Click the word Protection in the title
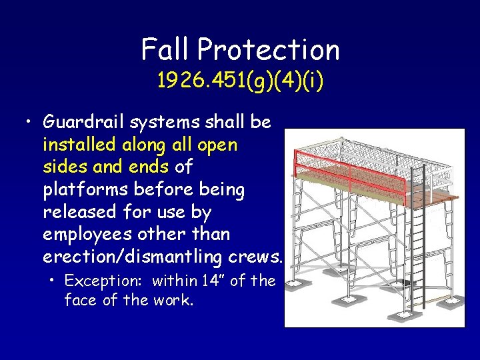[269, 49]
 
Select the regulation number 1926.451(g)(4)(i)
[240, 81]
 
